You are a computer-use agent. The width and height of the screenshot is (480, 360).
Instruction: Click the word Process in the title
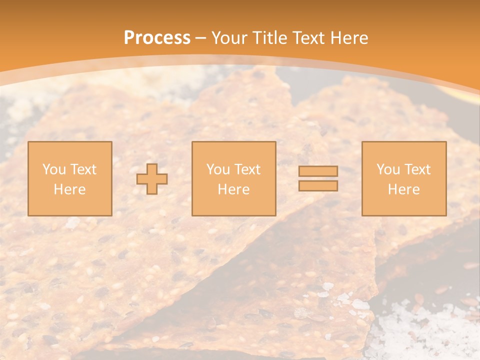pyautogui.click(x=157, y=38)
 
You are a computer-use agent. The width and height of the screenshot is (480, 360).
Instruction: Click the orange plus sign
pyautogui.click(x=152, y=179)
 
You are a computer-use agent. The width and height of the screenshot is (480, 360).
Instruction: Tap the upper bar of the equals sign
pyautogui.click(x=318, y=171)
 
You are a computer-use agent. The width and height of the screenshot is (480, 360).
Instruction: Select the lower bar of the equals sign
pyautogui.click(x=318, y=186)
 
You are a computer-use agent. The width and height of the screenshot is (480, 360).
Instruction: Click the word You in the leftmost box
pyautogui.click(x=54, y=169)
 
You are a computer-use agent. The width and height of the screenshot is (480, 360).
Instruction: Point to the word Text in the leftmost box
pyautogui.click(x=83, y=169)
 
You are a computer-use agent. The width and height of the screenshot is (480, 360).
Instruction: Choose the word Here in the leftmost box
pyautogui.click(x=69, y=189)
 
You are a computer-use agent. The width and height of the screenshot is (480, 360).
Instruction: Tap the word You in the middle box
pyautogui.click(x=218, y=169)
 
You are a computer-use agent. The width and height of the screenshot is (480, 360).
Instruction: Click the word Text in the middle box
pyautogui.click(x=247, y=169)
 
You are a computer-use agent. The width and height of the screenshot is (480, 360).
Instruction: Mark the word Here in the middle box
pyautogui.click(x=233, y=189)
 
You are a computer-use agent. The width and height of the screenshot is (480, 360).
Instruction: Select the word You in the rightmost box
pyautogui.click(x=388, y=169)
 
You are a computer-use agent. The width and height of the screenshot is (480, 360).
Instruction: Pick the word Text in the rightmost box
pyautogui.click(x=417, y=169)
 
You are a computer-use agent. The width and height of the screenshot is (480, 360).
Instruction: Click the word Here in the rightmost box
pyautogui.click(x=403, y=189)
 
